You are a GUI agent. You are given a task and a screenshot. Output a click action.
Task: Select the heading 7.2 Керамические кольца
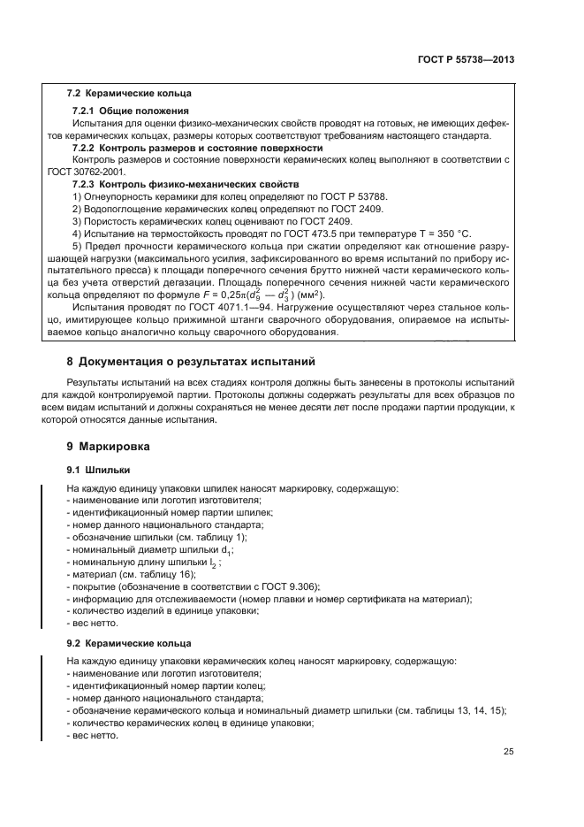[x=128, y=93]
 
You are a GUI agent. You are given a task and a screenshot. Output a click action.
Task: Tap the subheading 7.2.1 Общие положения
[x=120, y=109]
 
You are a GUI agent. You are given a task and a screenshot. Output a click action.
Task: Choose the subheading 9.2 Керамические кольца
[x=129, y=642]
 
